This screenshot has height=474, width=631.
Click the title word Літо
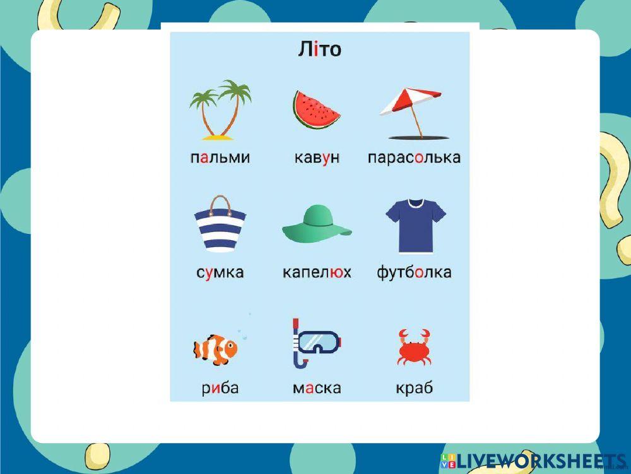tap(319, 49)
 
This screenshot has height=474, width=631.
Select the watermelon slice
tap(316, 109)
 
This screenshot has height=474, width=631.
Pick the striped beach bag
tap(220, 224)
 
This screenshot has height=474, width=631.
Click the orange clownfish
tap(215, 349)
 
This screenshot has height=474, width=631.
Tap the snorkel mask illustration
tap(316, 343)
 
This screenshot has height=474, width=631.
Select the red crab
tap(414, 347)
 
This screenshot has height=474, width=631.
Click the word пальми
tap(220, 157)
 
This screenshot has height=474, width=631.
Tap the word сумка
tap(220, 272)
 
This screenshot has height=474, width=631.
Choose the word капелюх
tap(317, 272)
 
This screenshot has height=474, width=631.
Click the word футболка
tap(414, 272)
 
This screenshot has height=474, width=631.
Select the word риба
tap(220, 388)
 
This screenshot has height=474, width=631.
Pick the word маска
tap(317, 389)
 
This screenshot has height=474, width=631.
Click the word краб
tap(415, 388)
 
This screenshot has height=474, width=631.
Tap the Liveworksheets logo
tap(534, 461)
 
